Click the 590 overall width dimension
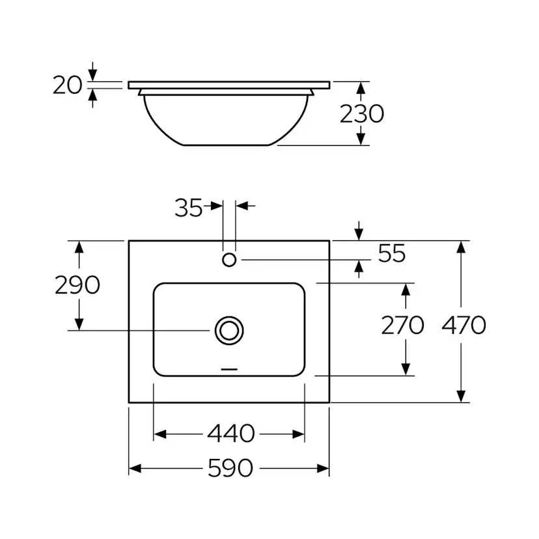[230, 468]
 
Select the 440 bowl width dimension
[231, 434]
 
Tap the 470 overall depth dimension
[463, 325]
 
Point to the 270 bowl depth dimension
[402, 325]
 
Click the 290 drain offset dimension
[77, 284]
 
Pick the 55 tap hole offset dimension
[392, 253]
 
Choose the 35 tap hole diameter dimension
[189, 208]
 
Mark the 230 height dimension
[362, 113]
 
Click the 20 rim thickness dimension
[68, 85]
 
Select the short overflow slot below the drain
[229, 369]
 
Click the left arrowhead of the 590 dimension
[135, 468]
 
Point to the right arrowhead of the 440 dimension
[298, 434]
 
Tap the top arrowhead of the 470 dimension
[461, 247]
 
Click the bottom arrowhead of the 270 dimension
[406, 369]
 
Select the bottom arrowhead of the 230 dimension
[361, 139]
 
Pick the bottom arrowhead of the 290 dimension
[79, 324]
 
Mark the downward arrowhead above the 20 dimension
[92, 76]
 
